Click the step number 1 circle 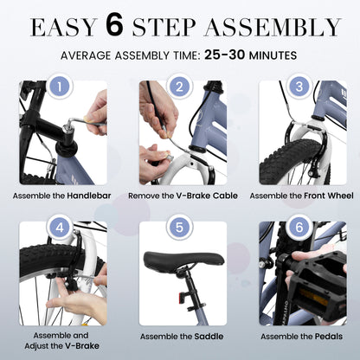coord(60,87)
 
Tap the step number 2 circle coord(179,87)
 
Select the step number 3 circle coord(299,87)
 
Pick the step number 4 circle coord(60,228)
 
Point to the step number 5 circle coord(179,228)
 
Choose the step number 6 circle coord(299,228)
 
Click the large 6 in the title coord(114,26)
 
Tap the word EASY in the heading coord(64,28)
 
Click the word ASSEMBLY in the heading coord(273,28)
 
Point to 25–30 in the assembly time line coord(225,55)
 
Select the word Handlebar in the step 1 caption coord(89,196)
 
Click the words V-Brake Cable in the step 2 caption coord(207,196)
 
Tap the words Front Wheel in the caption coord(329,196)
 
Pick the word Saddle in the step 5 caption coord(209,337)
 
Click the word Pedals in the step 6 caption coord(329,337)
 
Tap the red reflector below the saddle coord(182,297)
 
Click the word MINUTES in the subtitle coord(273,55)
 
